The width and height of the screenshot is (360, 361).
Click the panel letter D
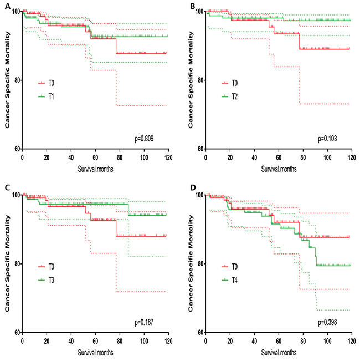tap(191, 188)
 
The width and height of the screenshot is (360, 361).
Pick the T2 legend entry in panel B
tap(238, 95)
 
